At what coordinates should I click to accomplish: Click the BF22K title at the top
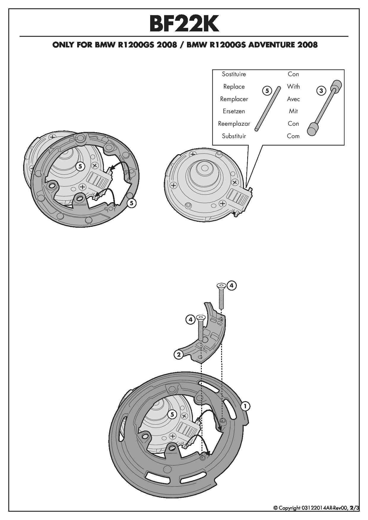click(184, 24)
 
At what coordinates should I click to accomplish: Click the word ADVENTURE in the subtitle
click(272, 45)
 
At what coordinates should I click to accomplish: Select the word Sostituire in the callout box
click(234, 74)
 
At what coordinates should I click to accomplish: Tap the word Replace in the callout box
click(234, 87)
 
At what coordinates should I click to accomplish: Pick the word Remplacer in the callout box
click(234, 99)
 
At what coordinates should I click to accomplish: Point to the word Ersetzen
click(234, 111)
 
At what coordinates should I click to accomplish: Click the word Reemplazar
click(234, 124)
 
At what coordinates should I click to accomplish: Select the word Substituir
click(234, 136)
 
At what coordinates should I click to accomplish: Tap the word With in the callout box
click(293, 87)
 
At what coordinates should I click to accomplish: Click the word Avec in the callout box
click(293, 99)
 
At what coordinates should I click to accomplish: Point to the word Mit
click(293, 111)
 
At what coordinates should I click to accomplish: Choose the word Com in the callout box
click(293, 136)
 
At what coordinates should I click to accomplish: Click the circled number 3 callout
click(321, 90)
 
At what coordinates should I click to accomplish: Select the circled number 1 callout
click(245, 406)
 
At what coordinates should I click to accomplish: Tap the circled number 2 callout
click(179, 354)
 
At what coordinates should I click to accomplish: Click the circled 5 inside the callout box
click(267, 90)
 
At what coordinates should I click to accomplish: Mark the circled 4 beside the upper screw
click(231, 285)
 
